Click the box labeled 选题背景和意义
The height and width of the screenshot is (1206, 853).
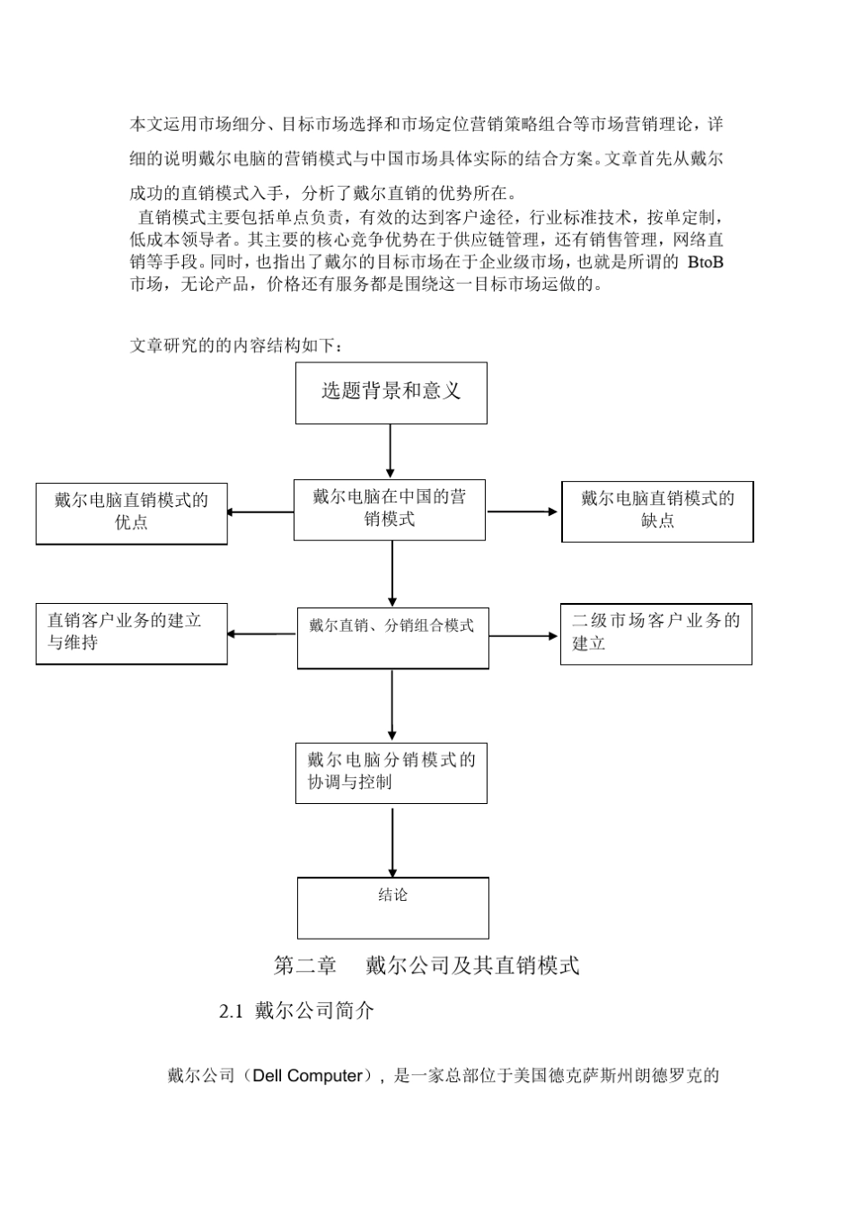[x=391, y=392]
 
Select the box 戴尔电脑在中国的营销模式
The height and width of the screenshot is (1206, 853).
[x=389, y=509]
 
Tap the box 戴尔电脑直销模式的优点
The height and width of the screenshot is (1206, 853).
[x=131, y=512]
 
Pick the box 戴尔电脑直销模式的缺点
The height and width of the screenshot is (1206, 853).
[x=657, y=511]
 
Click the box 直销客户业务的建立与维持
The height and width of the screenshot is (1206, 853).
[x=131, y=633]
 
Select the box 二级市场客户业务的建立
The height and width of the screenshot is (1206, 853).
[x=655, y=633]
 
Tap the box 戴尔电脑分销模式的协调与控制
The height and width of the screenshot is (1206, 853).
[x=391, y=772]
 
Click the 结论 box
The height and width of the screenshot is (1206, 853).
[x=392, y=907]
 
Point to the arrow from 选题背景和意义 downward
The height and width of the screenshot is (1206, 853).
[x=390, y=451]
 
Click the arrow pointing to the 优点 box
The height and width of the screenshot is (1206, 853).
[x=260, y=512]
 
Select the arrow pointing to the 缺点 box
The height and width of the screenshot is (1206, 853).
[x=523, y=511]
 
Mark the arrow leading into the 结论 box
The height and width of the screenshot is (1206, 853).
[x=392, y=842]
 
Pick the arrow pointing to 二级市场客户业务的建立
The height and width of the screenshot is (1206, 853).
[x=524, y=636]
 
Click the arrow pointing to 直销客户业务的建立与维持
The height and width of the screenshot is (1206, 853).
[x=261, y=634]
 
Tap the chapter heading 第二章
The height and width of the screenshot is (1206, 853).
[x=305, y=966]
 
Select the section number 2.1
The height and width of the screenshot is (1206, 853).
[x=232, y=1011]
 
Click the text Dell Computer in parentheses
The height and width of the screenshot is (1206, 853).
[x=307, y=1075]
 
